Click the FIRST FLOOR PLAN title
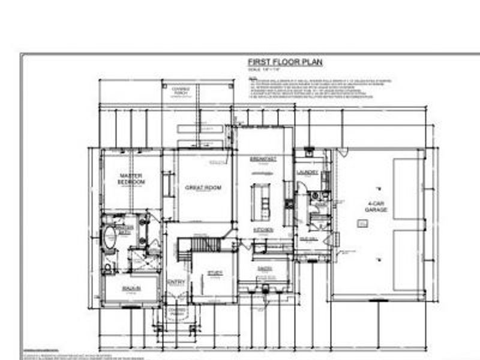(x=285, y=62)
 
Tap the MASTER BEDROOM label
(x=131, y=179)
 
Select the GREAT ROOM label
(x=203, y=188)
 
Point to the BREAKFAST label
(x=262, y=159)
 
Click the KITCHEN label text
(x=263, y=230)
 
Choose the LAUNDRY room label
(x=307, y=172)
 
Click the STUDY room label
(x=215, y=274)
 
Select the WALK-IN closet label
(x=131, y=289)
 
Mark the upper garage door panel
(x=407, y=186)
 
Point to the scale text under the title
(x=264, y=71)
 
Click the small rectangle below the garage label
(x=362, y=224)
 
